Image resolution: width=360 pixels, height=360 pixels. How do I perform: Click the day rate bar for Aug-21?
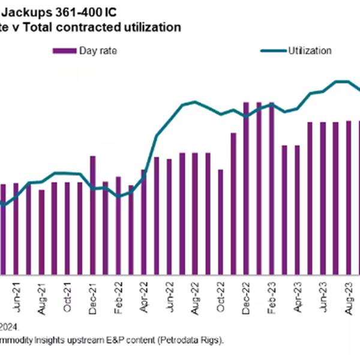coord(41,232)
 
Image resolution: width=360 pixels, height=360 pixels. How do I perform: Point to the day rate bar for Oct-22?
coord(220,221)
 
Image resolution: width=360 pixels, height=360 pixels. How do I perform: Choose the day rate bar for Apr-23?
coord(297,209)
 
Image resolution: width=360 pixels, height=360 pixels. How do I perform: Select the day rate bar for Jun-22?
coord(169,216)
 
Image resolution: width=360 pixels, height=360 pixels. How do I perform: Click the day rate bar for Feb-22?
coord(118,225)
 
